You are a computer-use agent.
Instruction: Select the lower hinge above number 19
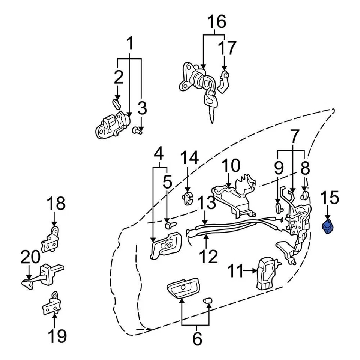click(x=51, y=304)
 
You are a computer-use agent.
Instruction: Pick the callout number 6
click(x=197, y=339)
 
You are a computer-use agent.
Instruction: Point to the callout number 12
click(x=208, y=256)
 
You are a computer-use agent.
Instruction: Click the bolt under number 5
click(x=170, y=225)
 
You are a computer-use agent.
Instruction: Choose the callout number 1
click(x=130, y=45)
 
